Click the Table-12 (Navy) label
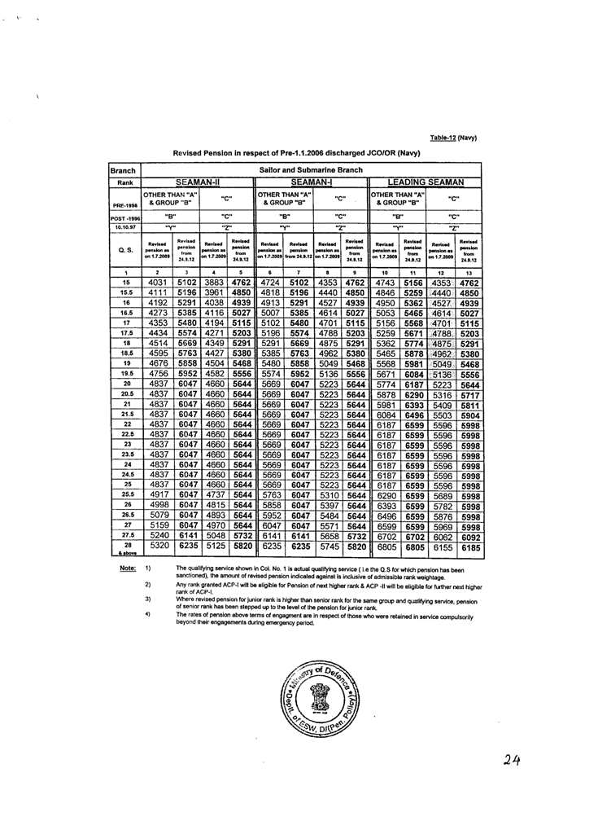(x=453, y=138)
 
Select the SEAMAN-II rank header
(x=198, y=182)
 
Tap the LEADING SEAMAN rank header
(x=426, y=182)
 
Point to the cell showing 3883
(x=214, y=283)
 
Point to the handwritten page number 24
(x=511, y=760)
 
